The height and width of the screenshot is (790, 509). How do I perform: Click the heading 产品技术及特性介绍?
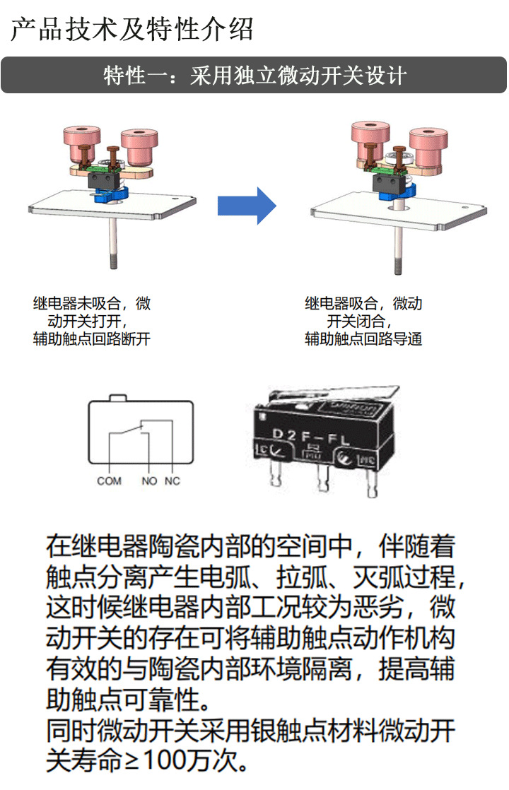[x=131, y=30]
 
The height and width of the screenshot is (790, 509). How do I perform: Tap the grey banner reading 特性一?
[x=254, y=75]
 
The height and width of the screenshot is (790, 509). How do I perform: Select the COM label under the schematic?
[x=109, y=481]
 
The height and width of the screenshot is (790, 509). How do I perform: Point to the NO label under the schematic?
[x=148, y=481]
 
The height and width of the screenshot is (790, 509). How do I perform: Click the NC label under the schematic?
[x=172, y=481]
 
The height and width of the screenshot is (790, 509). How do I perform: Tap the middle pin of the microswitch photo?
[x=322, y=476]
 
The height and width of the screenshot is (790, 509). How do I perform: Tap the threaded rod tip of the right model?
[x=398, y=269]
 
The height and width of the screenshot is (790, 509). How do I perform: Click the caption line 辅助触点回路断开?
[x=92, y=339]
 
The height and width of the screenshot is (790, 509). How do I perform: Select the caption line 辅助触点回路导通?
[x=363, y=339]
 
